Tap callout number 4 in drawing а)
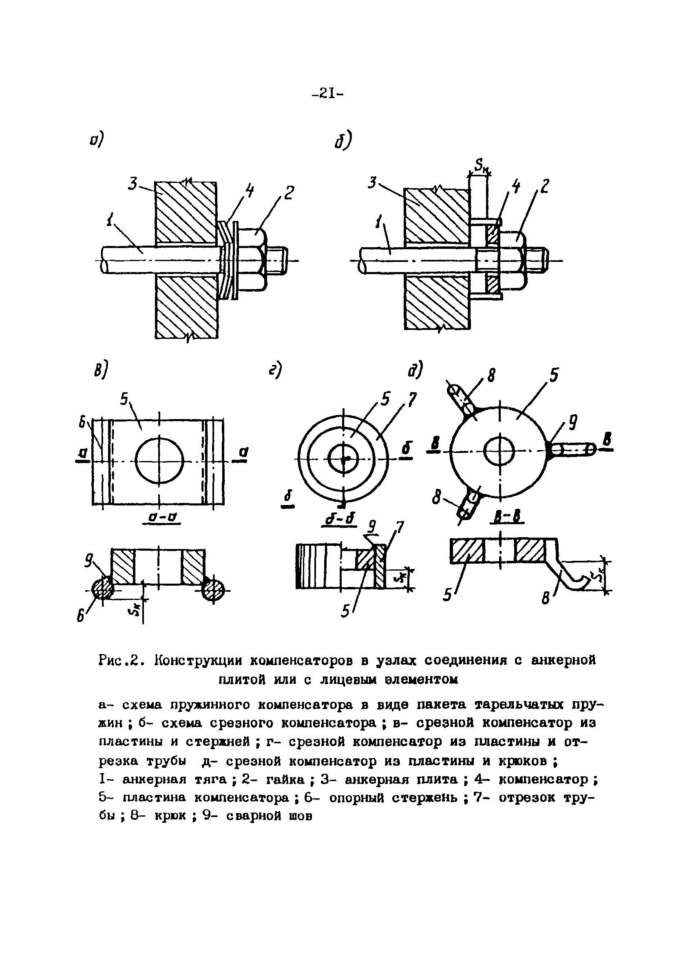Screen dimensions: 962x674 [x=249, y=191]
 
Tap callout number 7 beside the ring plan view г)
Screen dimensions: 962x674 [x=412, y=400]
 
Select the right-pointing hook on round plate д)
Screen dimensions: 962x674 [x=573, y=450]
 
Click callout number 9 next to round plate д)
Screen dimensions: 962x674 [x=572, y=422]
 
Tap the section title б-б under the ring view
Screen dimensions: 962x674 [x=340, y=519]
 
